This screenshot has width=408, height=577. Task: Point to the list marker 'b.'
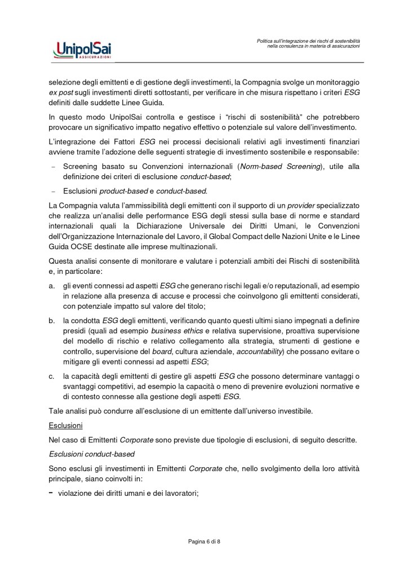click(x=51, y=321)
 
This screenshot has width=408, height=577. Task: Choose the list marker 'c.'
click(x=51, y=376)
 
